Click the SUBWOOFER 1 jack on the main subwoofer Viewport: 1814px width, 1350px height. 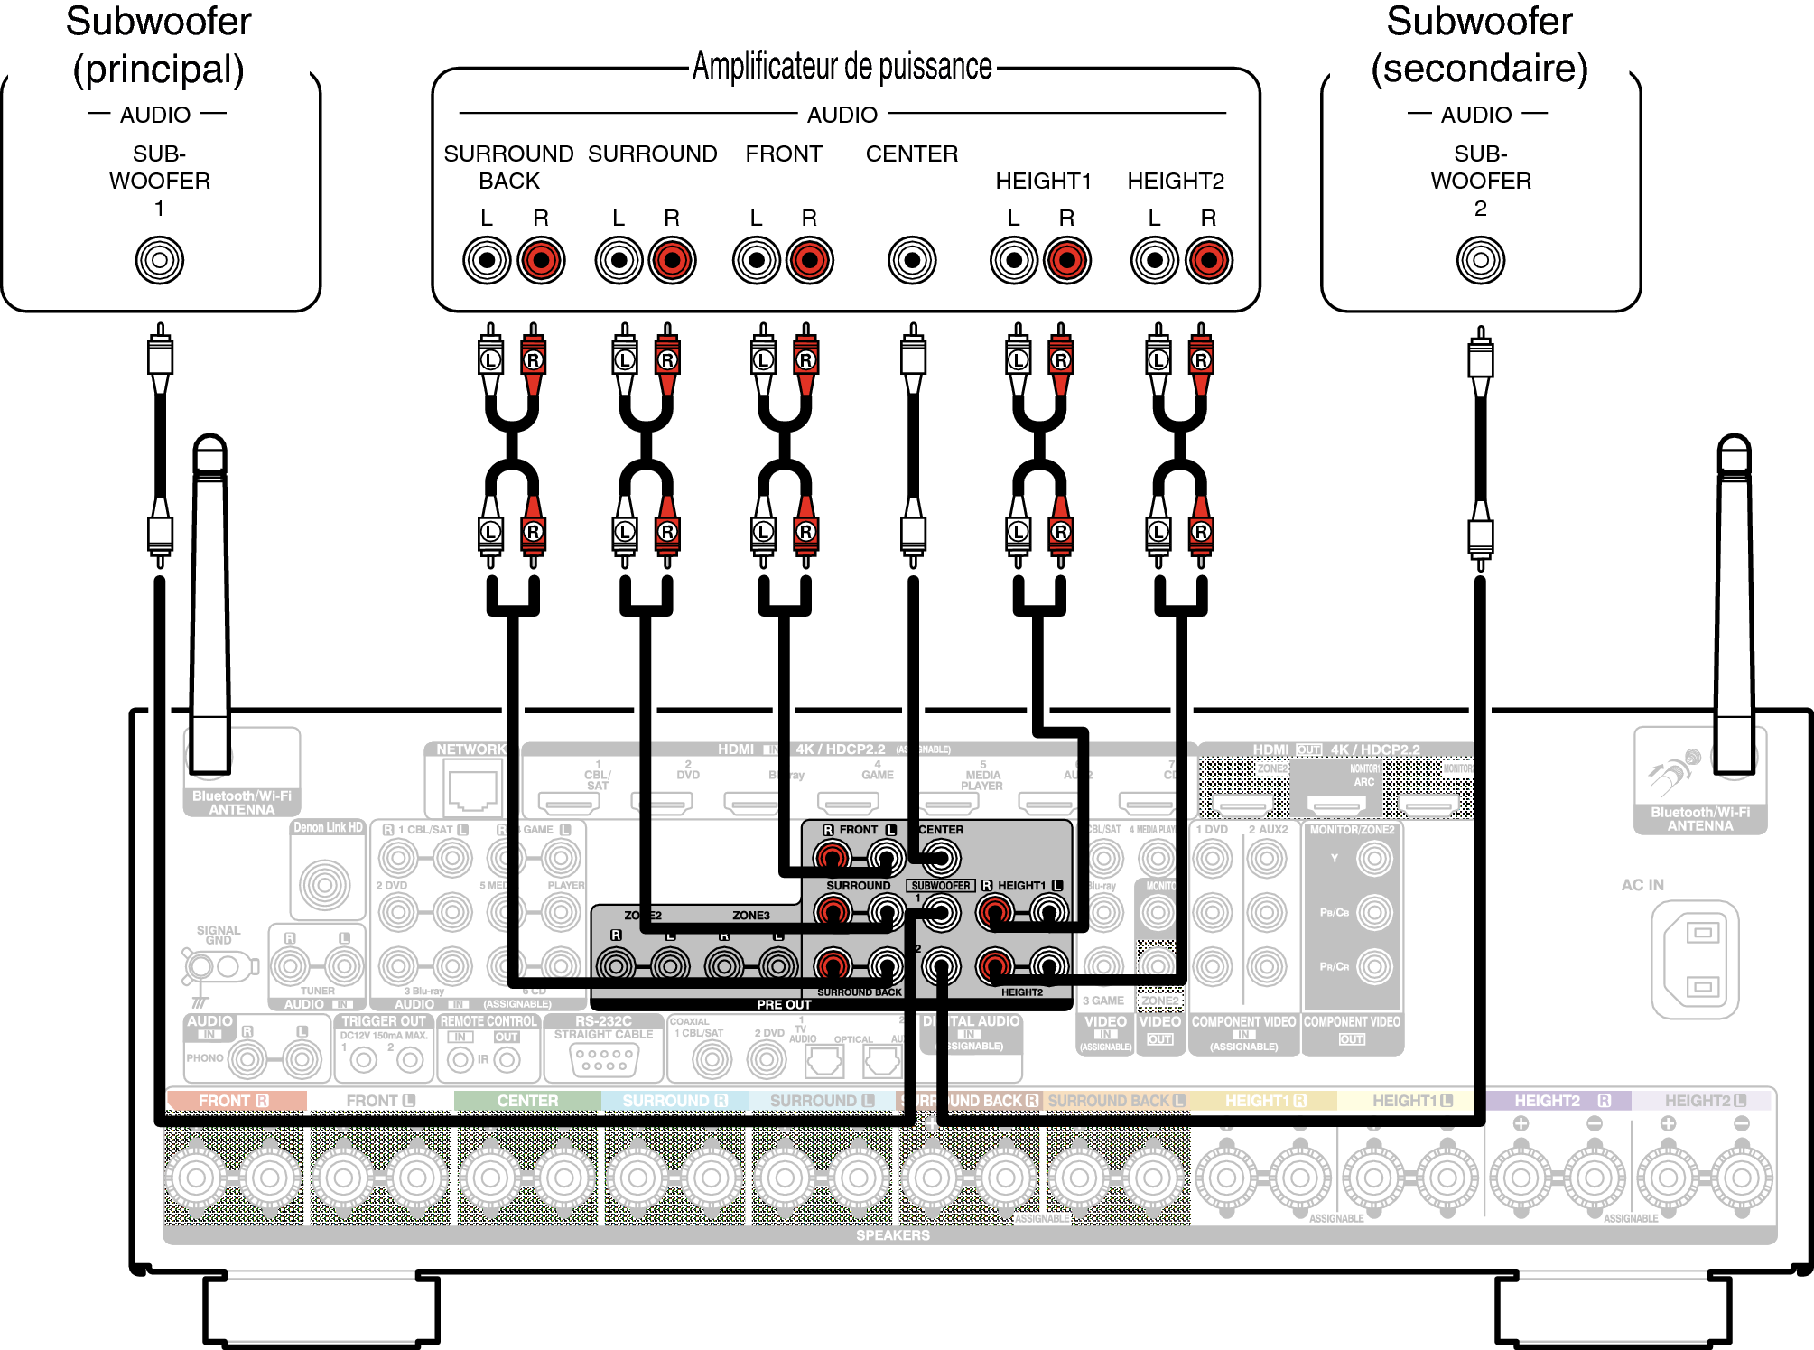coord(160,260)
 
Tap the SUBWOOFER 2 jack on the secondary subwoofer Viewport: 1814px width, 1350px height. coord(1480,260)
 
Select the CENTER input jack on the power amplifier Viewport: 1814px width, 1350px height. coord(912,260)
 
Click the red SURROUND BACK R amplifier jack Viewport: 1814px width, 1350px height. coord(541,260)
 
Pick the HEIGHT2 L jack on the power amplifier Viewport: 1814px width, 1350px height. coord(1154,260)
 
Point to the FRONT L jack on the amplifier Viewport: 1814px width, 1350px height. coord(757,260)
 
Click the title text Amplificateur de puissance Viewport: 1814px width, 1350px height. coord(842,67)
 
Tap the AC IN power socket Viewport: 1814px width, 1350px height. coord(1695,960)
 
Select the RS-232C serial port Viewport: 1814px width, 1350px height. coord(604,1060)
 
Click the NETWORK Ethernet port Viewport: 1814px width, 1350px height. coord(471,786)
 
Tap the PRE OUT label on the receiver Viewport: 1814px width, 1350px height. coord(784,1004)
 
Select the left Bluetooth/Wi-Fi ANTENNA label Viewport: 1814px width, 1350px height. coord(242,803)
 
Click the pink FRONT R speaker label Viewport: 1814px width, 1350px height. coord(235,1101)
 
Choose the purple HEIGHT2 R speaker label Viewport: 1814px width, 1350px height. coord(1558,1101)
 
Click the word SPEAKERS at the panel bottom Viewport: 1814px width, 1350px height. coord(892,1234)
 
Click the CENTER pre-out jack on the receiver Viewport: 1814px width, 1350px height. coord(941,858)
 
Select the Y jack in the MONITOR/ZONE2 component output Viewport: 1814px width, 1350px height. coord(1374,859)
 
